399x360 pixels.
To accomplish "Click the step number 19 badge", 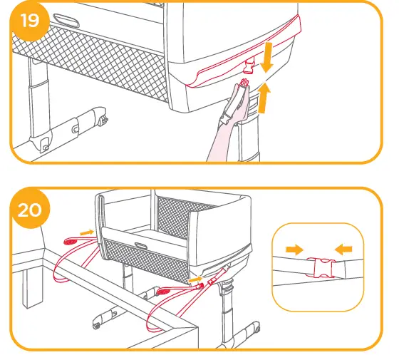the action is pyautogui.click(x=30, y=21).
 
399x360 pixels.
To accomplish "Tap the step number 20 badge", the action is pyautogui.click(x=30, y=210).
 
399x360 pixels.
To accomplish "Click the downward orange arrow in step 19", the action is pyautogui.click(x=267, y=57).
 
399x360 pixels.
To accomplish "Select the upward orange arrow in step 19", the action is pyautogui.click(x=264, y=98).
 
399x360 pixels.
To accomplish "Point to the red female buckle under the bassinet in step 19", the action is pyautogui.click(x=249, y=65).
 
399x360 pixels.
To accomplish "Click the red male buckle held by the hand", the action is pyautogui.click(x=244, y=83).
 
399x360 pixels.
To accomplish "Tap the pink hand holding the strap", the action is pyautogui.click(x=229, y=122).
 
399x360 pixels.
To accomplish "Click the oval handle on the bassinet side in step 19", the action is pyautogui.click(x=66, y=21).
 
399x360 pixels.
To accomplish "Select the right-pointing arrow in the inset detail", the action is pyautogui.click(x=295, y=250).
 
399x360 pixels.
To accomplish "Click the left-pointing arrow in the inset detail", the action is pyautogui.click(x=343, y=249).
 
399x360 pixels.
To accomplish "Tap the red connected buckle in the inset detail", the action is pyautogui.click(x=321, y=267).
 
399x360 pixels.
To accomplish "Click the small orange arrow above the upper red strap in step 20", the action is pyautogui.click(x=87, y=232).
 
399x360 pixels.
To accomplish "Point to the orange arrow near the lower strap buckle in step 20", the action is pyautogui.click(x=195, y=279).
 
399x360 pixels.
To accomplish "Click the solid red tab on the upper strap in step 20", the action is pyautogui.click(x=70, y=241).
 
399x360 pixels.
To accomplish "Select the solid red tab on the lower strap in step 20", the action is pyautogui.click(x=163, y=291).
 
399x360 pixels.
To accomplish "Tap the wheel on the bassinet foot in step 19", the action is pyautogui.click(x=103, y=120).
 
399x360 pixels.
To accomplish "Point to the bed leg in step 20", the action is pyautogui.click(x=32, y=288).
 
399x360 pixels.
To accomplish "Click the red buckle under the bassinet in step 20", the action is pyautogui.click(x=212, y=281).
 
